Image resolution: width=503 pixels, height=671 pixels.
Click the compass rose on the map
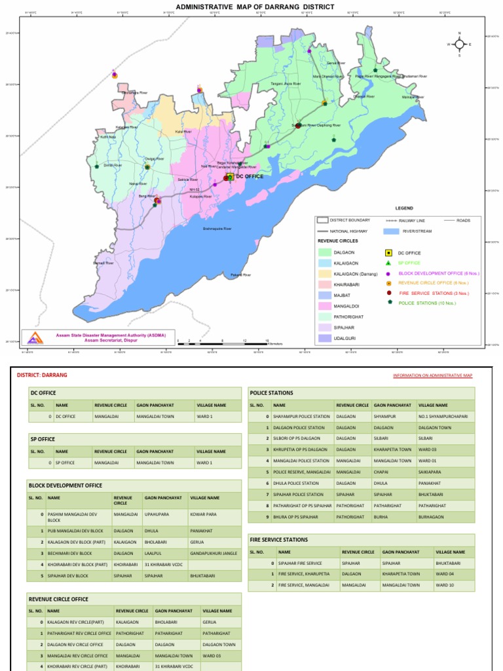click(459, 44)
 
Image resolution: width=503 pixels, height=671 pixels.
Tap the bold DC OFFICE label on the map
click(250, 177)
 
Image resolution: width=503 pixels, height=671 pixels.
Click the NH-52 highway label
click(194, 190)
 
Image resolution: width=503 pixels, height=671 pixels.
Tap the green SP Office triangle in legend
click(388, 263)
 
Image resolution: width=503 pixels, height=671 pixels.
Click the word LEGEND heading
click(403, 208)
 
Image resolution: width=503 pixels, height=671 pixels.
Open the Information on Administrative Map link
click(432, 375)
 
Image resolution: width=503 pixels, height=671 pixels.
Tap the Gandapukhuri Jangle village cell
click(214, 554)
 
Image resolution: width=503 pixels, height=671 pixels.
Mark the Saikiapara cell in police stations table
click(430, 472)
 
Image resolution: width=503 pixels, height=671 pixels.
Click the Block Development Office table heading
click(65, 485)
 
